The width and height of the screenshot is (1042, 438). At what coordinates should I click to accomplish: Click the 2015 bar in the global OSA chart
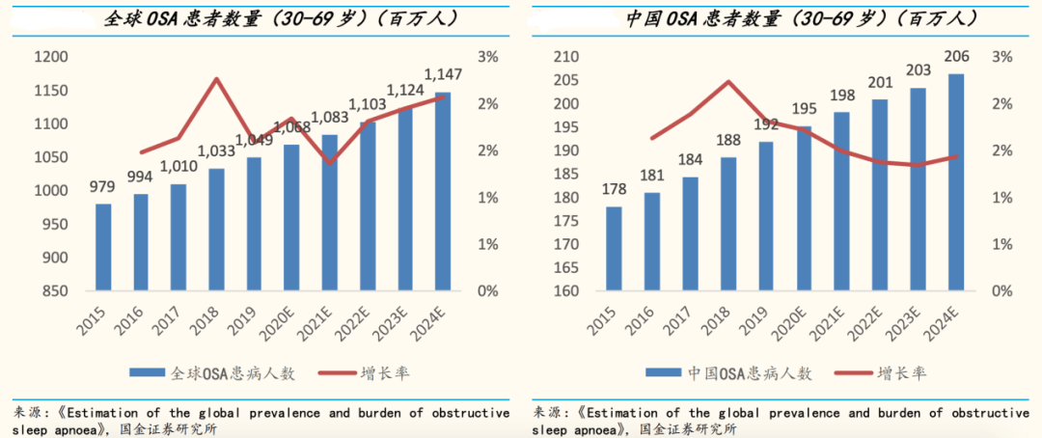coord(103,247)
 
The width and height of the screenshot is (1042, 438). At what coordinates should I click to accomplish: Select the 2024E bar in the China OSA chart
coord(955,182)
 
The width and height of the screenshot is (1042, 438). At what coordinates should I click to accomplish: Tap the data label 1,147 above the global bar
coord(444,74)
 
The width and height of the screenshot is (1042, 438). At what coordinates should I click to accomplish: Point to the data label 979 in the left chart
coord(103,186)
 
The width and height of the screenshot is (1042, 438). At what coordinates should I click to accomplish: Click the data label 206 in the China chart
coord(955,57)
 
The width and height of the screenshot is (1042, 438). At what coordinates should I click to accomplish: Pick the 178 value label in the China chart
coord(614,189)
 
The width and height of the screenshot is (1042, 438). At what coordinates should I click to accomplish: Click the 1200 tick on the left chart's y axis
coord(50,58)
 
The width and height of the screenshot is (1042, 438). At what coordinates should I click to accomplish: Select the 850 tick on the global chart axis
coord(54,291)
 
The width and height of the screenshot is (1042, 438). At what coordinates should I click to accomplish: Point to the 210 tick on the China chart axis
coord(566,58)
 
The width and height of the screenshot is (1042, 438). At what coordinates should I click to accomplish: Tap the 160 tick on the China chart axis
coord(566,291)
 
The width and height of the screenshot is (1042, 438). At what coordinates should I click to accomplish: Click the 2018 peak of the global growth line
coord(217,79)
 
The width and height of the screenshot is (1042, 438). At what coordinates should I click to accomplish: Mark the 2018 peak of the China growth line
coord(729,81)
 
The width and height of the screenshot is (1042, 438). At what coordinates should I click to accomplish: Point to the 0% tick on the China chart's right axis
coord(1004,291)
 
